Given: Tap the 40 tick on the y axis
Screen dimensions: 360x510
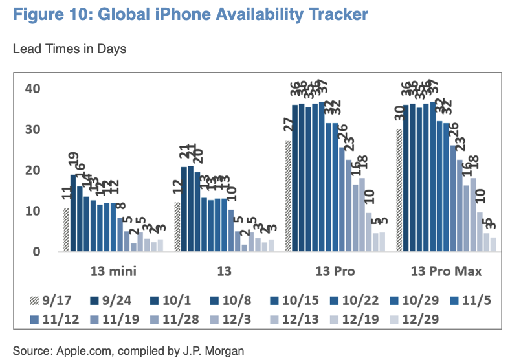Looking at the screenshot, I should (x=32, y=89).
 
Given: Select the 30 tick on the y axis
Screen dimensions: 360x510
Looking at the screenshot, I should (x=32, y=129).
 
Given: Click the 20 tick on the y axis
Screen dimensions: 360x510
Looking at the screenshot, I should (x=32, y=170).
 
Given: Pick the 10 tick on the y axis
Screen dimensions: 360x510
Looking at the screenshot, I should (x=32, y=211).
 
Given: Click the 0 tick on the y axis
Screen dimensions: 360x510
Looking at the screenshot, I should (x=37, y=252).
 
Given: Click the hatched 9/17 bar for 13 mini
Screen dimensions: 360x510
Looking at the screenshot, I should (x=66, y=230).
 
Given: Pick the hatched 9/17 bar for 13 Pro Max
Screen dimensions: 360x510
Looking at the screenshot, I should (x=399, y=190).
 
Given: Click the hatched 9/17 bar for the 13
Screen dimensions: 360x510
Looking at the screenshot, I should (x=177, y=227).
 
